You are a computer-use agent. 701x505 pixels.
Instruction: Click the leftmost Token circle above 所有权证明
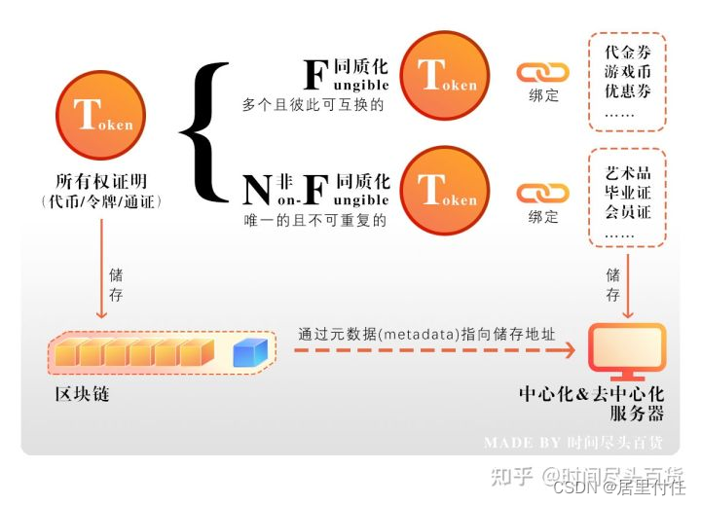pyautogui.click(x=101, y=115)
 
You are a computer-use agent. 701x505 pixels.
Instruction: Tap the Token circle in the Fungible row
pyautogui.click(x=445, y=75)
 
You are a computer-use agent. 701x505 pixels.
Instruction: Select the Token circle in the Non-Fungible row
pyautogui.click(x=445, y=190)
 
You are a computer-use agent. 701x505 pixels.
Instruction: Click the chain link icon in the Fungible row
pyautogui.click(x=542, y=72)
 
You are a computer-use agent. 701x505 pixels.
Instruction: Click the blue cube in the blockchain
pyautogui.click(x=250, y=352)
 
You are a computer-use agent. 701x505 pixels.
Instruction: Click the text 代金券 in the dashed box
pyautogui.click(x=627, y=52)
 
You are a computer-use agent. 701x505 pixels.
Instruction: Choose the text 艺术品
pyautogui.click(x=627, y=168)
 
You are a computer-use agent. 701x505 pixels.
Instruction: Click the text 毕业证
pyautogui.click(x=627, y=191)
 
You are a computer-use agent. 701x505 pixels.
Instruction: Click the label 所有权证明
pyautogui.click(x=100, y=182)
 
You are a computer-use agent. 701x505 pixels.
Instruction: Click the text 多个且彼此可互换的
pyautogui.click(x=314, y=104)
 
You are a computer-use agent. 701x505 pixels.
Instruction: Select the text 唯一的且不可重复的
pyautogui.click(x=314, y=221)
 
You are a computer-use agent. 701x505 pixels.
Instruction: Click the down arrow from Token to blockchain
pyautogui.click(x=101, y=277)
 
